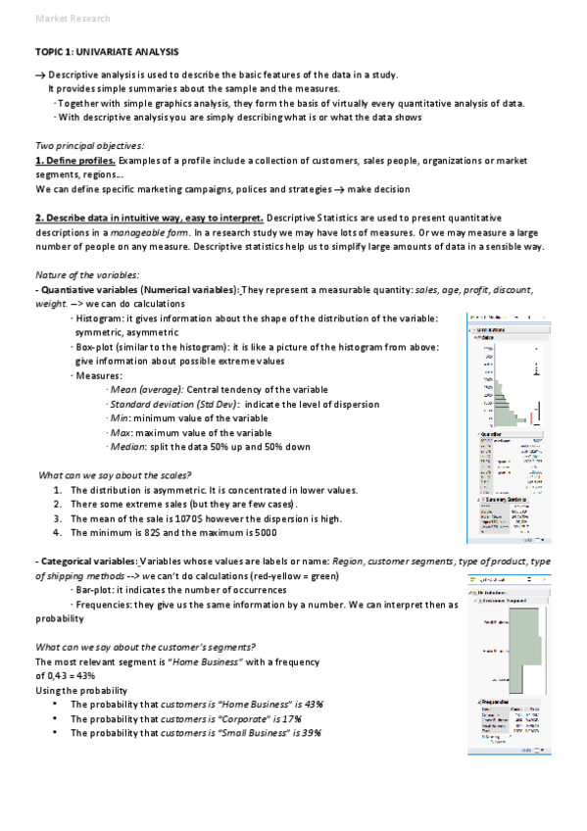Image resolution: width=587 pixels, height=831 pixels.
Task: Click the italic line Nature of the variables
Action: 86,275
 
